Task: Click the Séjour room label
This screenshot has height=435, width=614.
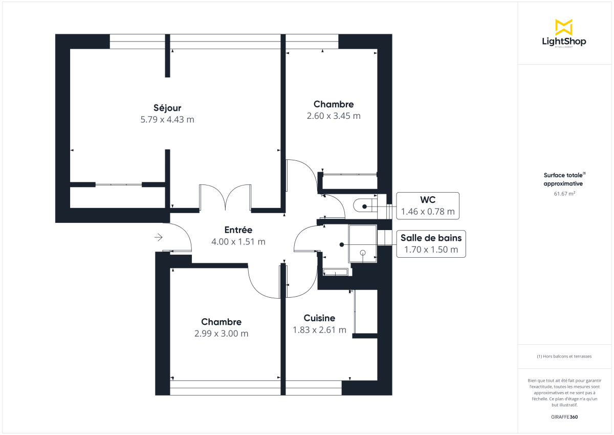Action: (167, 108)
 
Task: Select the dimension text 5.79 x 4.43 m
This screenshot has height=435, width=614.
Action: (167, 120)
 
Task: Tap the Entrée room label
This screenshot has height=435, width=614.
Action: (238, 230)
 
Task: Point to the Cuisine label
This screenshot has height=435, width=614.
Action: (319, 318)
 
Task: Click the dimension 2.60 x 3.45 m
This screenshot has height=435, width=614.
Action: (334, 116)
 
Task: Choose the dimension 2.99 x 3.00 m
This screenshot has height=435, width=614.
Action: (221, 334)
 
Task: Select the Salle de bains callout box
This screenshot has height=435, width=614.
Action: (431, 244)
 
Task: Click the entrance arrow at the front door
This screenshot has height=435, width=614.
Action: (159, 237)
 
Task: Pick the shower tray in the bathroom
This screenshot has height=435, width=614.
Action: (363, 243)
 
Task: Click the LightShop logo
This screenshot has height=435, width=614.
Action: (564, 34)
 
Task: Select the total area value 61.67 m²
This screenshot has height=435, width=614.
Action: (564, 194)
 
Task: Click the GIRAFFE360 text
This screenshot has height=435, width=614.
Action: (564, 417)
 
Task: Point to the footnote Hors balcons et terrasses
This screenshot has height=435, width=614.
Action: (564, 356)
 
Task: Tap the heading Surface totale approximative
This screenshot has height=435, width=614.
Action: (564, 179)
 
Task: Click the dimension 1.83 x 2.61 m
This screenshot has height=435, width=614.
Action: (319, 330)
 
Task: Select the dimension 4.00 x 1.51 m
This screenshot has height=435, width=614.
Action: (238, 242)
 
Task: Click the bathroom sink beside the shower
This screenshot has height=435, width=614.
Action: (336, 273)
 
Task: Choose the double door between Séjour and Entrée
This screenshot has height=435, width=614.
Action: (225, 198)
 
